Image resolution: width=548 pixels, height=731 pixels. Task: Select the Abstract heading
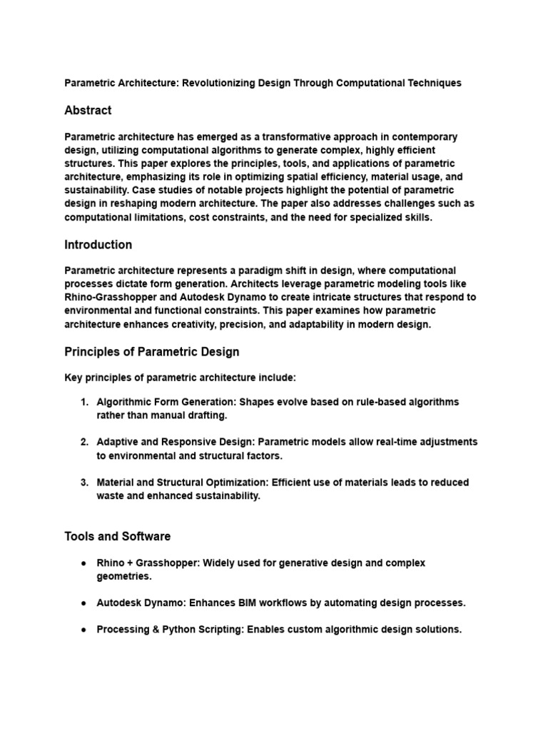(88, 111)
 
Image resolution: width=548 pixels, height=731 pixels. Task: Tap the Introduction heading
(98, 245)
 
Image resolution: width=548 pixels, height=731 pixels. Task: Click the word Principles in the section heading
(90, 352)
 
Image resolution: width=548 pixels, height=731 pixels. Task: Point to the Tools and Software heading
(117, 536)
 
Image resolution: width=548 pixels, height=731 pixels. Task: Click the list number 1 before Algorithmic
(84, 402)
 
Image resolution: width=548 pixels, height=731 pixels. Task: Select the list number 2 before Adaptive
(84, 443)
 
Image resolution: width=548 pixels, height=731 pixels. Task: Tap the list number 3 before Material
(84, 483)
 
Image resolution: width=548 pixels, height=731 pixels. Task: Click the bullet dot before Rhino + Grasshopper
(84, 563)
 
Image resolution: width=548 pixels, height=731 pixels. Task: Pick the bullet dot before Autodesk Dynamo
(84, 603)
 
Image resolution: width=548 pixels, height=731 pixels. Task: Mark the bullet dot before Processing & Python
(84, 630)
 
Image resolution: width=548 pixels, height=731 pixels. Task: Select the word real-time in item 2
(398, 443)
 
